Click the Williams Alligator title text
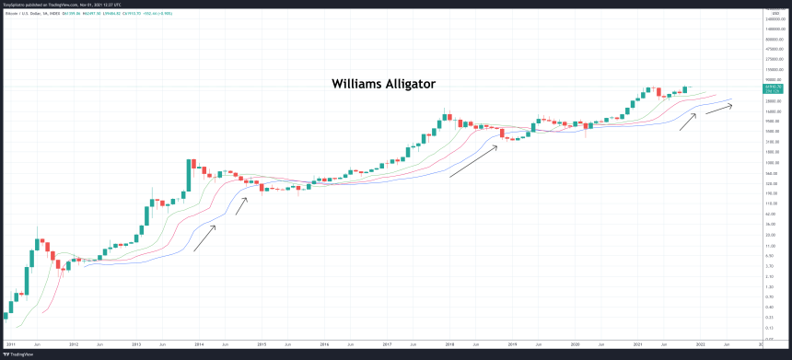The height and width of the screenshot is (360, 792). (x=383, y=84)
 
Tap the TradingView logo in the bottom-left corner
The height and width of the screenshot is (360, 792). (x=21, y=352)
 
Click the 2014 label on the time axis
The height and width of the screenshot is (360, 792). (x=199, y=343)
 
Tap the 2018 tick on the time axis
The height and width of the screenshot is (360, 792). (x=449, y=343)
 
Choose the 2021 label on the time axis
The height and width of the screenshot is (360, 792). (x=637, y=343)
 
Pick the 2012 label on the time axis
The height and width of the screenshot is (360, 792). (x=74, y=343)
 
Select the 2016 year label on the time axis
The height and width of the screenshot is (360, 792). (x=324, y=343)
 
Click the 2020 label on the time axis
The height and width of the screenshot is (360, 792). (x=575, y=343)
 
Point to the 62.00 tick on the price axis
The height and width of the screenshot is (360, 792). (x=773, y=214)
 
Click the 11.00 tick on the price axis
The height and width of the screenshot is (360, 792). (x=773, y=245)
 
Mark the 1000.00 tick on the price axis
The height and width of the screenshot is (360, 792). (x=773, y=163)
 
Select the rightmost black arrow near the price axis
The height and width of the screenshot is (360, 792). (x=720, y=107)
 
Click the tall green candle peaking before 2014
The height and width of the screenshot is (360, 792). (x=189, y=176)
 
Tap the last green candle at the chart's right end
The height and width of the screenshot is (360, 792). (x=684, y=89)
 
